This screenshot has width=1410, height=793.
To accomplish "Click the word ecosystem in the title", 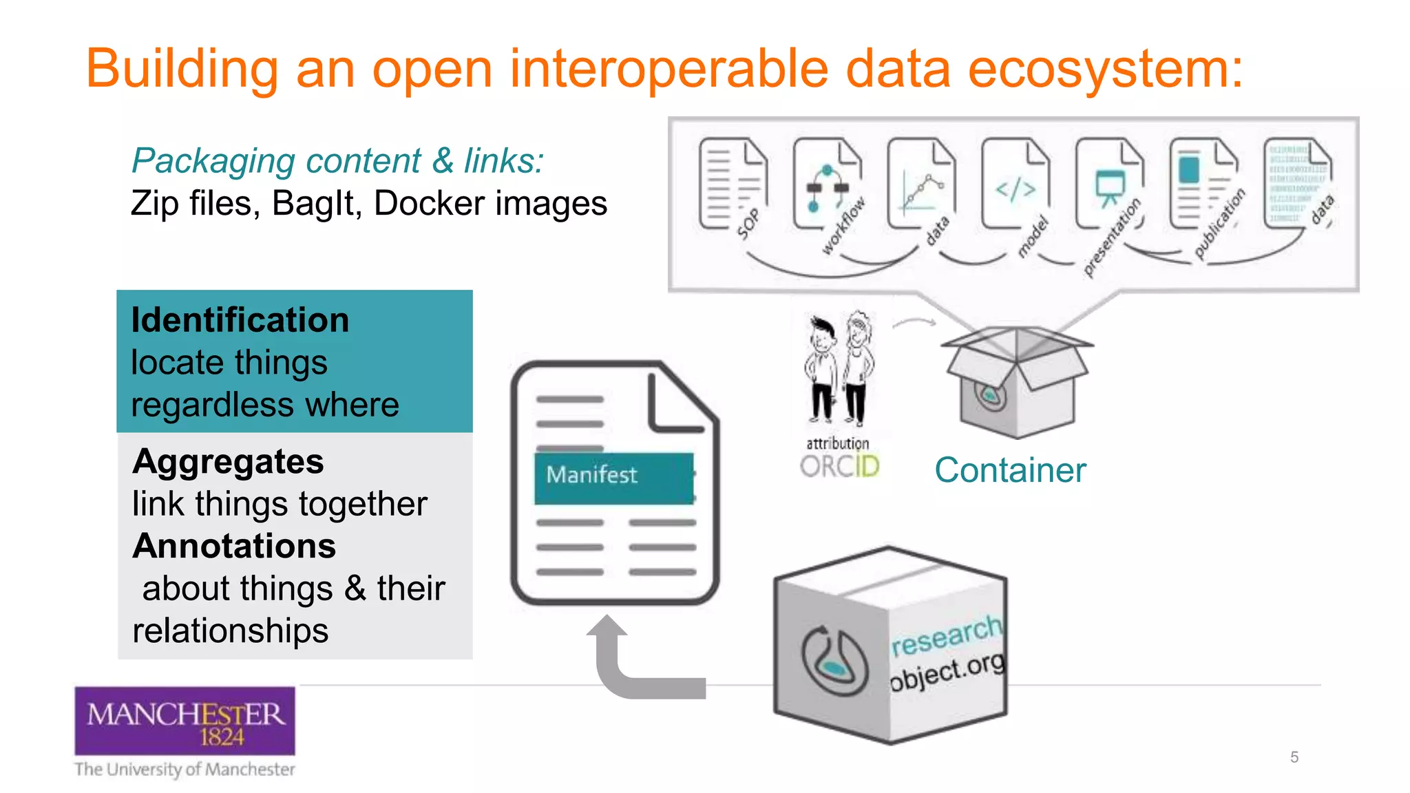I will click(1105, 70).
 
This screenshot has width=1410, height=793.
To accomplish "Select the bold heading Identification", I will click(240, 320).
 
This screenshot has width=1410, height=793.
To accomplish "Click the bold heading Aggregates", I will click(228, 461).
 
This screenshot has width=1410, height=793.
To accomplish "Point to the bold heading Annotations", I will click(234, 546).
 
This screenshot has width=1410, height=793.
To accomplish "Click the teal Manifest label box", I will click(613, 477).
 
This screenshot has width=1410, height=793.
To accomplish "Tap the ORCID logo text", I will click(839, 467).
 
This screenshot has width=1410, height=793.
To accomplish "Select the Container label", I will click(1010, 471).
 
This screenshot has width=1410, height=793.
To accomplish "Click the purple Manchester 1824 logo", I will click(185, 721).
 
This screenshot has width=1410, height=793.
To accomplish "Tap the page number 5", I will click(1294, 757).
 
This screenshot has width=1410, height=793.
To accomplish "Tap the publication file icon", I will click(1203, 184).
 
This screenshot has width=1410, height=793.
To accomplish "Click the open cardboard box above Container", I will click(1016, 382).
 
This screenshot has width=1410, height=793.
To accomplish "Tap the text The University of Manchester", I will click(185, 769).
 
